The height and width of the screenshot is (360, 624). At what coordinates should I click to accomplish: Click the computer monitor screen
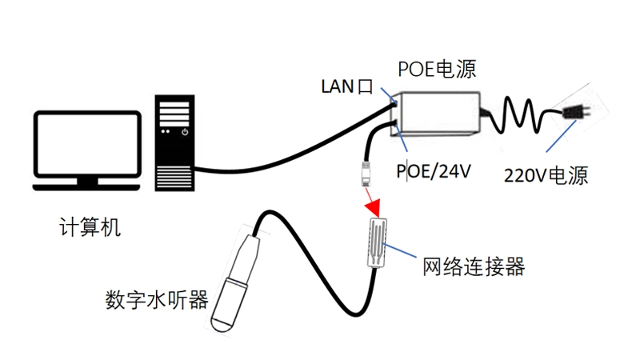88,144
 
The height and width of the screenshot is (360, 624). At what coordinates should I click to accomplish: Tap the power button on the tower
185,131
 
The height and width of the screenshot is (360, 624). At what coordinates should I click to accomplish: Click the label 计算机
90,227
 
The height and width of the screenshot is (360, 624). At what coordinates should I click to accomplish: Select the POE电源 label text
437,70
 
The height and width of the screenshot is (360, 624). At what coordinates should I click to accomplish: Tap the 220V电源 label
546,176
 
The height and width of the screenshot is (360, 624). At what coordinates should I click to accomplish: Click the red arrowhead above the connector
373,206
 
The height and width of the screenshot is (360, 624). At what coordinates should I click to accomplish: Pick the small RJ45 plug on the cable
366,171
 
